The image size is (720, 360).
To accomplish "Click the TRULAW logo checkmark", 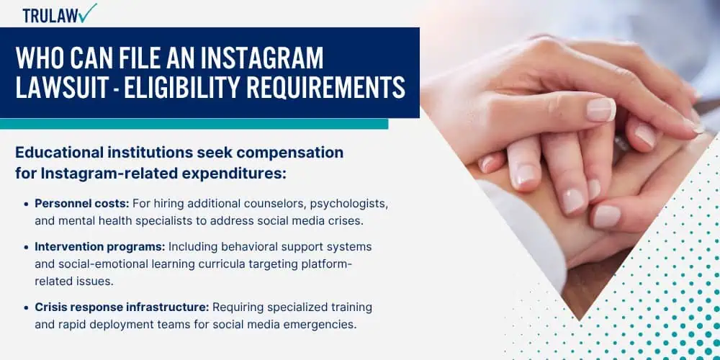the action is tap(87, 12).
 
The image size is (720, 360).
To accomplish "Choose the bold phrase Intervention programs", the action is tap(100, 247).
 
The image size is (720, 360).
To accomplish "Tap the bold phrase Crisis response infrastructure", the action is tap(122, 307).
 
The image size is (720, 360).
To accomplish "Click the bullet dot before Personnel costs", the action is tap(26, 204).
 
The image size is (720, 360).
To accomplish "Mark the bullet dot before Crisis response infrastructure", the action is tap(26, 307).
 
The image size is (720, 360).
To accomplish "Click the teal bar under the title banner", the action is tap(194, 124).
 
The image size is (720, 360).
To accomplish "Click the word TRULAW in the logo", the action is tap(49, 16).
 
